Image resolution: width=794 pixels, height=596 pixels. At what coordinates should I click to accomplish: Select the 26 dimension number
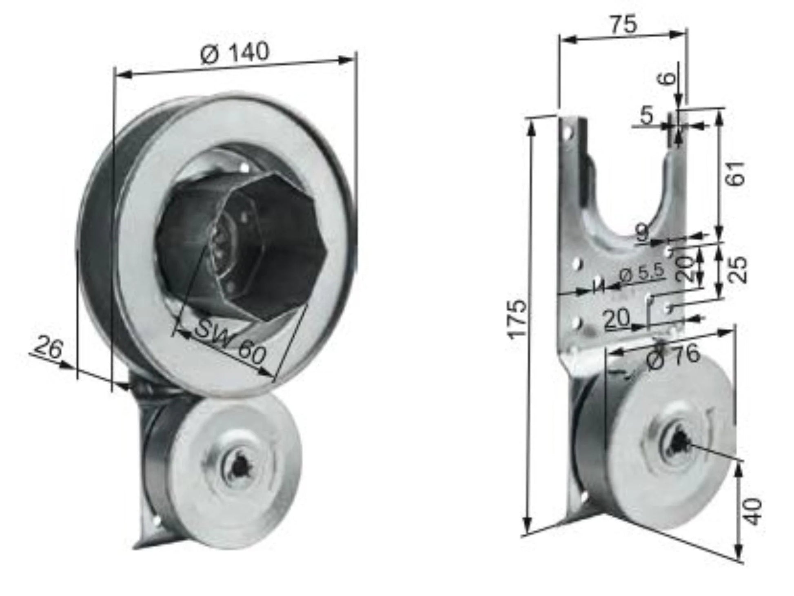48,348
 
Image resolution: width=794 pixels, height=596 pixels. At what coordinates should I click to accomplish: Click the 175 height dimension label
517,319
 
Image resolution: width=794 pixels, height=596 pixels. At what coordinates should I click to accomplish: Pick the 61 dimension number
736,174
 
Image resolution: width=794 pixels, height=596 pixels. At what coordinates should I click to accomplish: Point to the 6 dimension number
668,76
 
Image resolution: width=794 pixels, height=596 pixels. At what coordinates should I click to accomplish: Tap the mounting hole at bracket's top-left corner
567,132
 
